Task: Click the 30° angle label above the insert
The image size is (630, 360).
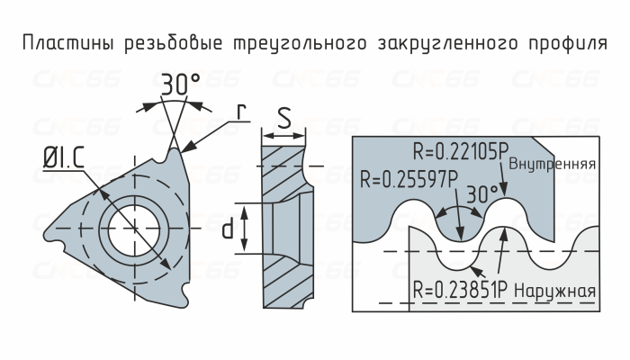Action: point(180,85)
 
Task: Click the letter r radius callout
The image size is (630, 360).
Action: point(240,112)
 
